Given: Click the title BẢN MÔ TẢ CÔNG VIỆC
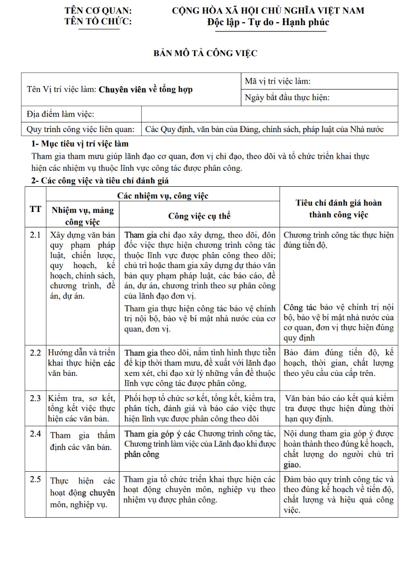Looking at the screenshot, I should [x=205, y=53].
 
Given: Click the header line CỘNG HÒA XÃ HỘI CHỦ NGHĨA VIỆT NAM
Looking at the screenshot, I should [x=268, y=11].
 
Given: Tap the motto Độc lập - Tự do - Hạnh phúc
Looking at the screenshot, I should [x=268, y=22].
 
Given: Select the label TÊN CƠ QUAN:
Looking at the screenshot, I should [x=98, y=11].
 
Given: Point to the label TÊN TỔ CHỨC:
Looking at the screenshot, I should [x=98, y=21].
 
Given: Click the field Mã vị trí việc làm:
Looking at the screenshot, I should [x=278, y=81].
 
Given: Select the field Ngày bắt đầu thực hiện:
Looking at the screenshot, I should [x=287, y=98].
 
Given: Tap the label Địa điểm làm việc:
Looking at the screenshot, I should [x=60, y=114].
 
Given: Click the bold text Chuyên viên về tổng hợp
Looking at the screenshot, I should [x=146, y=90].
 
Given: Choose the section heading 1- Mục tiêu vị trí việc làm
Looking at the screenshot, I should [x=80, y=144].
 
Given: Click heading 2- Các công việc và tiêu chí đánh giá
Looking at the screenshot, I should [x=100, y=180].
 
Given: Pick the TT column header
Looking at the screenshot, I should [x=35, y=209].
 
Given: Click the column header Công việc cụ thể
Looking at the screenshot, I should [x=199, y=216].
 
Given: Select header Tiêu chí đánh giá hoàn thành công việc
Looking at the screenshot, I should [x=339, y=209].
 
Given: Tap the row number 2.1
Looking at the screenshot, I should [x=35, y=235].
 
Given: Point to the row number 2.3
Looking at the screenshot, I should [x=35, y=399].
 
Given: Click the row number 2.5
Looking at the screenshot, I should [x=35, y=479].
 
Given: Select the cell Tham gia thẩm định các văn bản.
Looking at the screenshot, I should [x=82, y=441].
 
